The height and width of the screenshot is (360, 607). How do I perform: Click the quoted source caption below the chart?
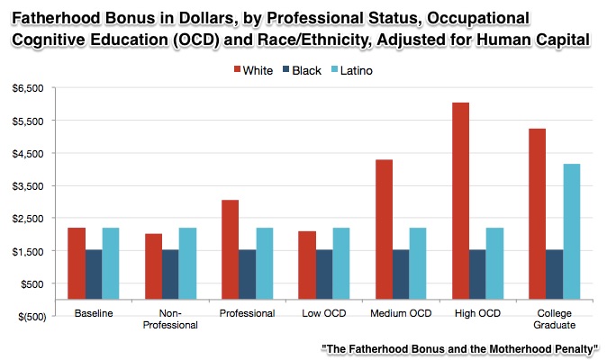[x=459, y=348]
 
